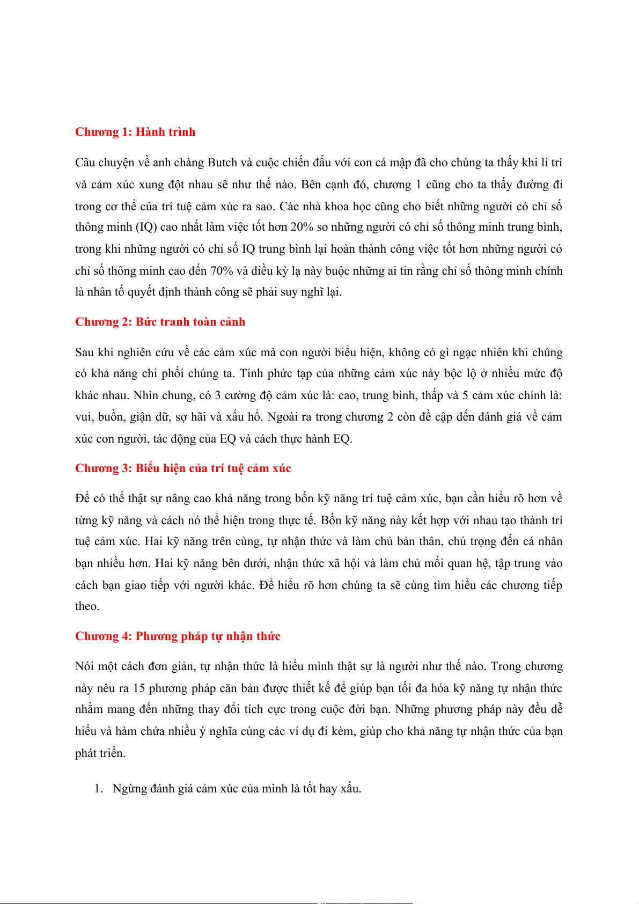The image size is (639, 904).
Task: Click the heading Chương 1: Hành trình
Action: click(x=135, y=132)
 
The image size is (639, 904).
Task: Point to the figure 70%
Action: click(x=222, y=271)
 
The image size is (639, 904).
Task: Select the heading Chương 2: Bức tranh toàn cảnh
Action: click(x=160, y=322)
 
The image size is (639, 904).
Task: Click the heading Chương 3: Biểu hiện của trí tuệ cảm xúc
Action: click(x=183, y=468)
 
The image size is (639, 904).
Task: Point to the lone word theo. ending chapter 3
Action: click(x=87, y=607)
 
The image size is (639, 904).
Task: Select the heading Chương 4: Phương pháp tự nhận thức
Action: click(x=178, y=636)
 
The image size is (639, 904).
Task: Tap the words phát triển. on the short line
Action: click(x=100, y=753)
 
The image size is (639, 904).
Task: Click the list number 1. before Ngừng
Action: click(x=98, y=789)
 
